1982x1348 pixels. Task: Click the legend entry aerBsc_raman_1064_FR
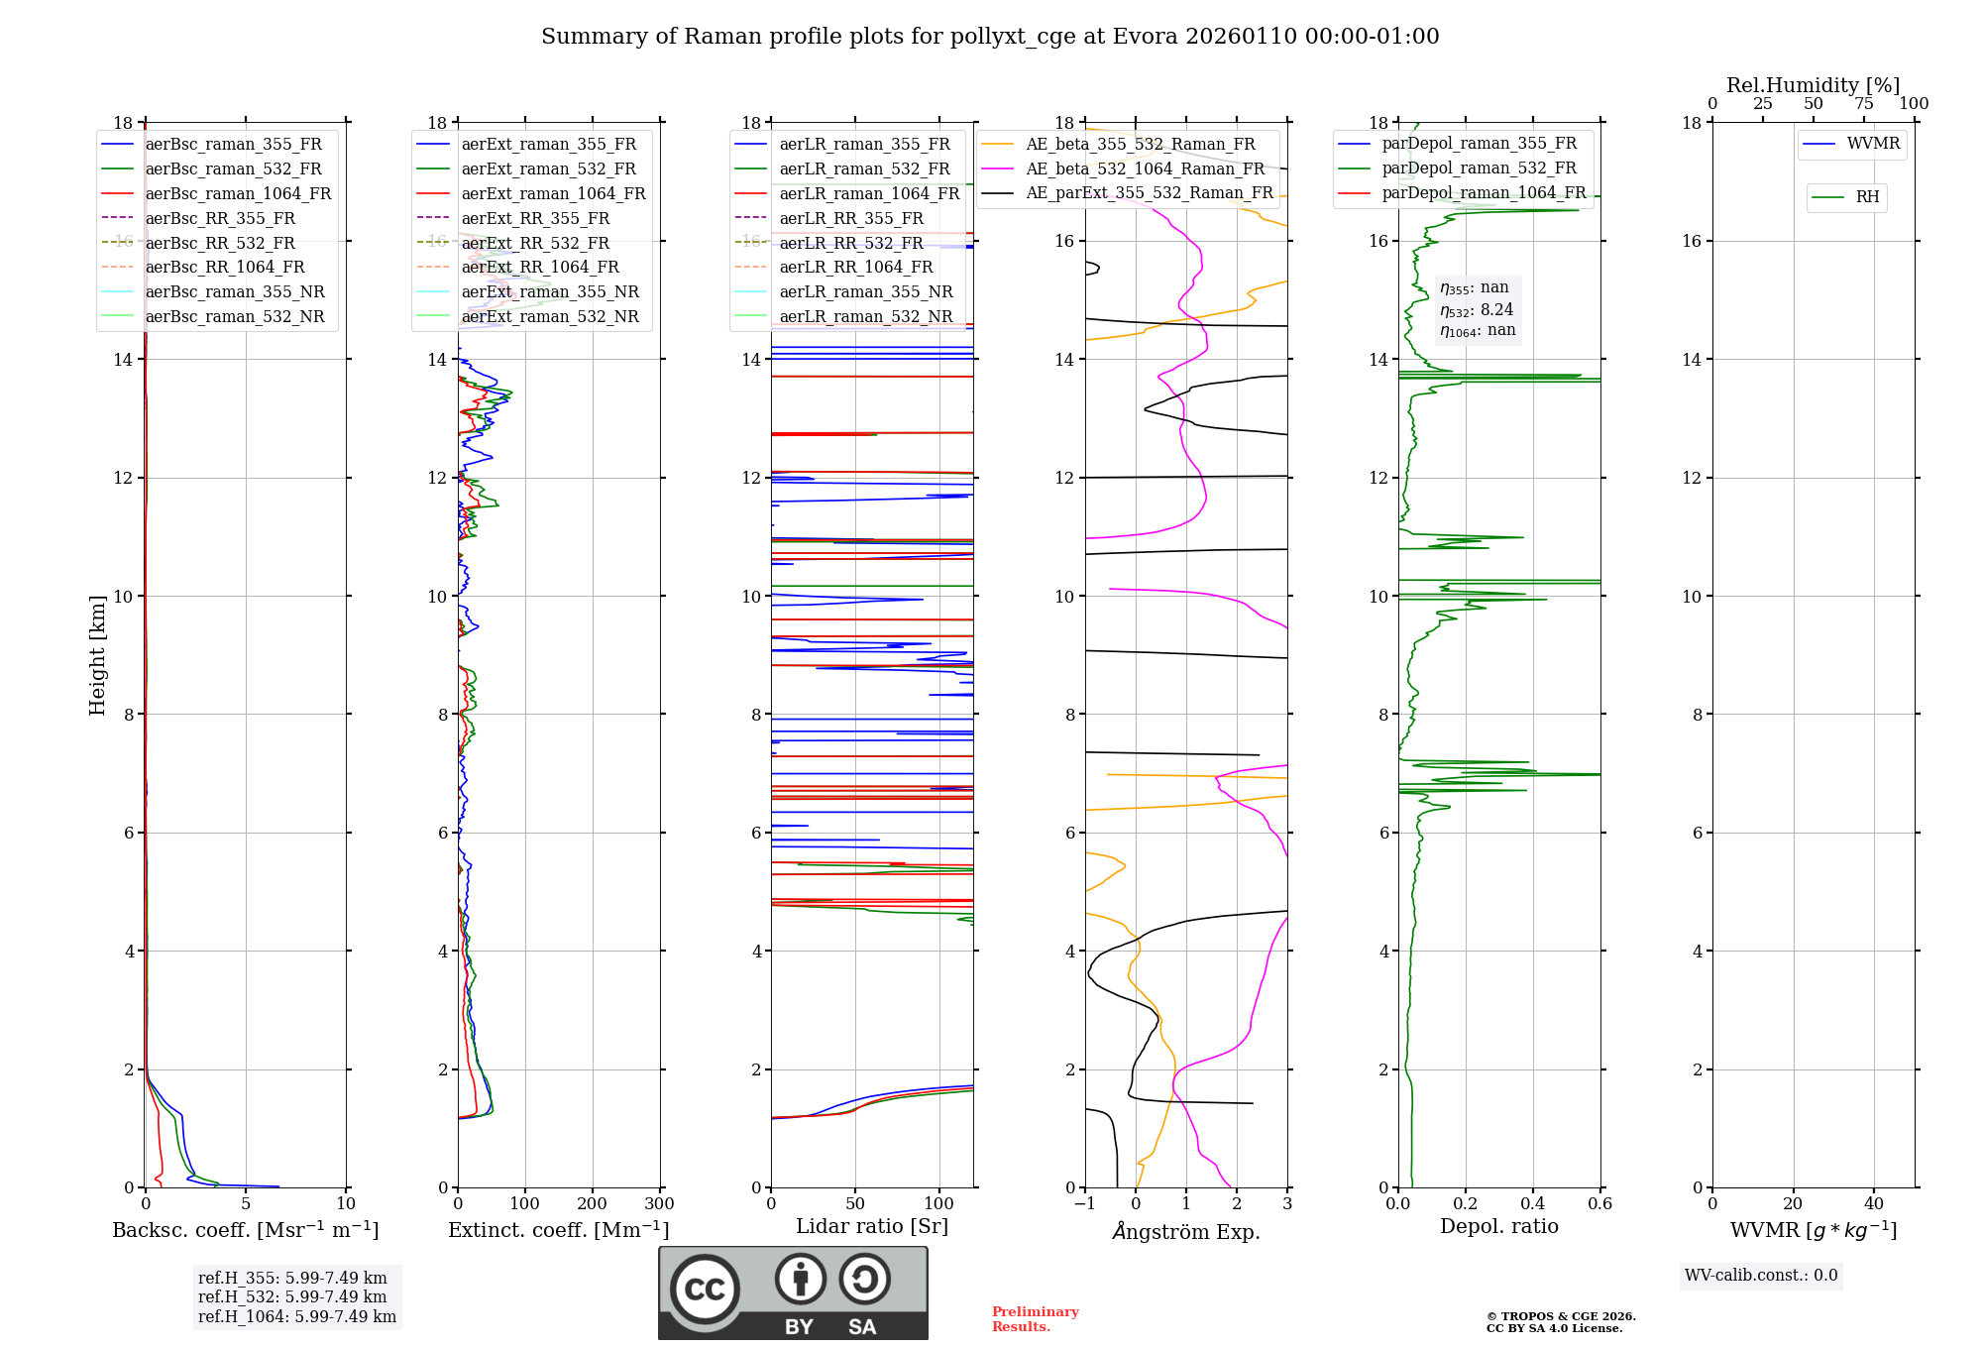pos(238,194)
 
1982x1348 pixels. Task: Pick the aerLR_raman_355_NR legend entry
pos(865,292)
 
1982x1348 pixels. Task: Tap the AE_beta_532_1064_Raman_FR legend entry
pos(1145,168)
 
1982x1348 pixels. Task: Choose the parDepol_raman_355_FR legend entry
pos(1479,144)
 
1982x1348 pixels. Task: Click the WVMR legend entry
pos(1873,144)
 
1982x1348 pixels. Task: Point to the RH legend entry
pos(1867,197)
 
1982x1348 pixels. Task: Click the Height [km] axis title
pos(97,655)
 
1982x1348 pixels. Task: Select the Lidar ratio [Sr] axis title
pos(872,1226)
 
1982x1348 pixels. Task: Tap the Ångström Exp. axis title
pos(1186,1231)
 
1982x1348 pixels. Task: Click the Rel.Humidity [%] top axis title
pos(1813,85)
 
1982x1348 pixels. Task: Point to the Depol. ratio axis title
pos(1498,1226)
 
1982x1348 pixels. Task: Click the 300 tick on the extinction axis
pos(659,1204)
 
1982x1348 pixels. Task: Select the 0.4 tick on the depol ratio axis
pos(1532,1204)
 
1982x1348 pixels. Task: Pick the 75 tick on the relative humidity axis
pos(1863,104)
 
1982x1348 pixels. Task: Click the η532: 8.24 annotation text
pos(1477,310)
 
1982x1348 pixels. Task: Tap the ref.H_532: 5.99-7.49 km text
pos(292,1297)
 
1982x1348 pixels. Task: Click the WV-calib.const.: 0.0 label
pos(1761,1276)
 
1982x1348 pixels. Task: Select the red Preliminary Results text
pos(1035,1319)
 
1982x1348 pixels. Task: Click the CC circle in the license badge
pos(705,1290)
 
